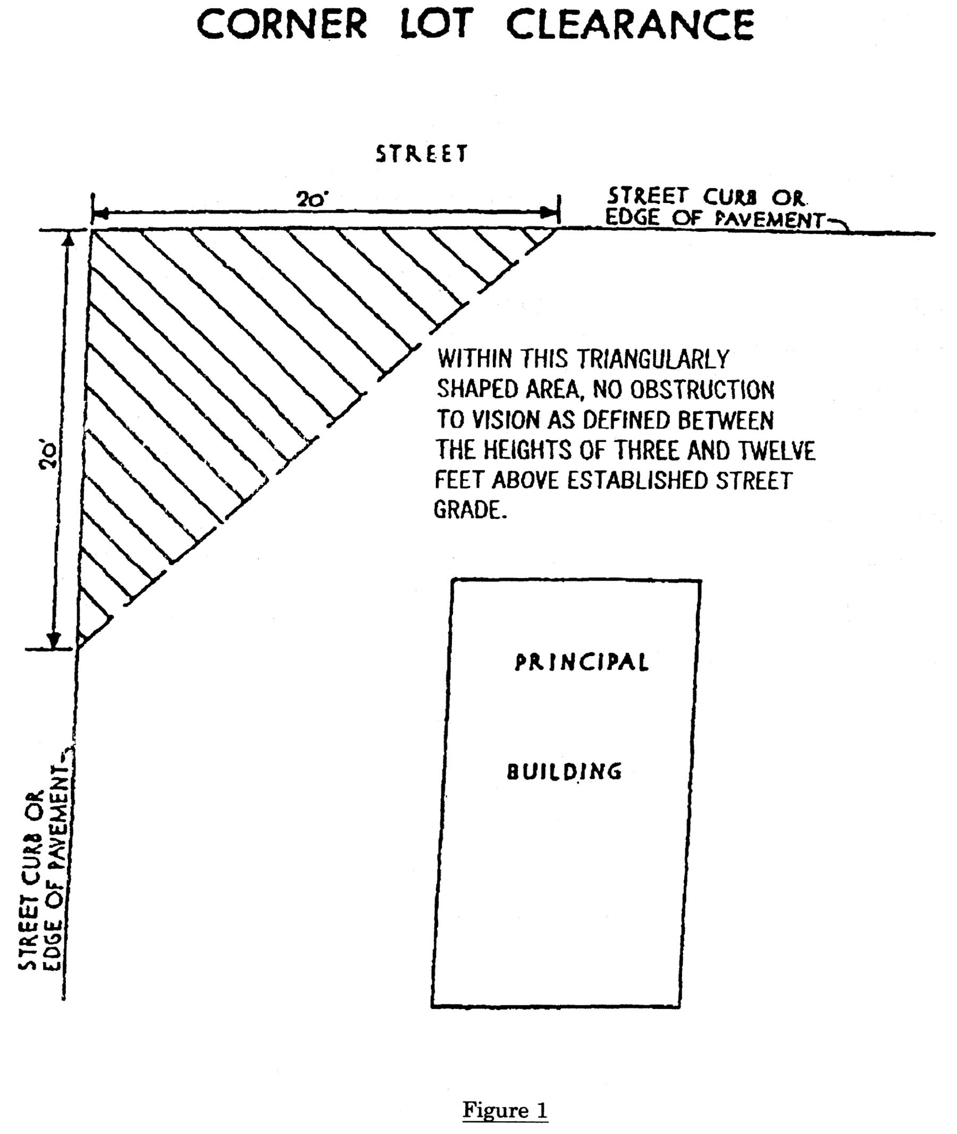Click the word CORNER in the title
point(282,24)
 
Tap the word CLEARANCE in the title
point(630,24)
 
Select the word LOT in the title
point(436,24)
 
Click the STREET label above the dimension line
point(421,154)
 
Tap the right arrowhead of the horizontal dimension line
point(549,212)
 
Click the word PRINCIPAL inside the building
point(582,662)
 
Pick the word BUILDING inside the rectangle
point(565,771)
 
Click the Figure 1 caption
point(505,1110)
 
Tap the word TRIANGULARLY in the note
point(653,359)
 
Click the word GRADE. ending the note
point(471,510)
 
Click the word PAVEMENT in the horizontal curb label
point(769,219)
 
